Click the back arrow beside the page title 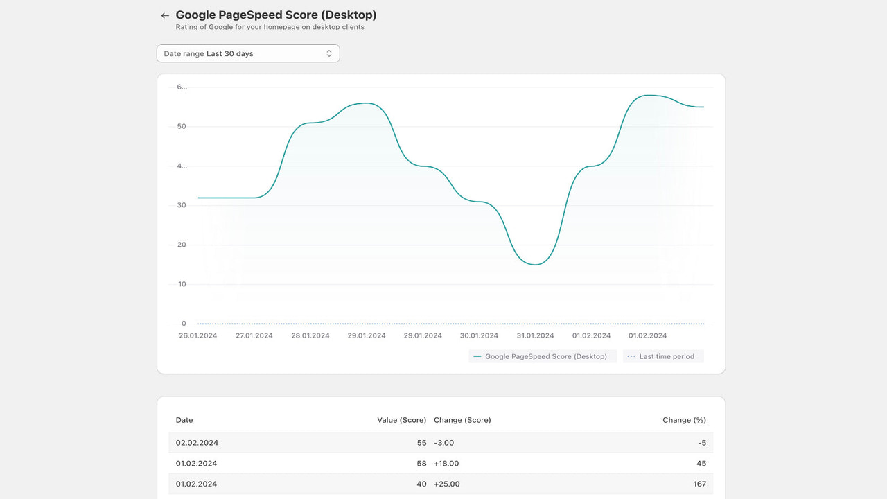(x=165, y=15)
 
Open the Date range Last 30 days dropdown (x=248, y=53)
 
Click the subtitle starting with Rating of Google (x=270, y=28)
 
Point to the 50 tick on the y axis (x=182, y=127)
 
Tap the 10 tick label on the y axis (x=182, y=284)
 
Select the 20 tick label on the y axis (x=182, y=245)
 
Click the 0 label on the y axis (x=184, y=324)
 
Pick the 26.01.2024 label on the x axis (x=197, y=335)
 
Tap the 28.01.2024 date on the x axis (x=310, y=335)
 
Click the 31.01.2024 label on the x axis (x=535, y=335)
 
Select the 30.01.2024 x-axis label (x=479, y=335)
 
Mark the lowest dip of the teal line (x=535, y=265)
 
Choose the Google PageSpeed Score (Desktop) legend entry (x=542, y=356)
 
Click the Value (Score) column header (x=402, y=420)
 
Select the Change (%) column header (x=684, y=420)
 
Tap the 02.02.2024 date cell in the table (x=197, y=442)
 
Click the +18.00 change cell (x=446, y=463)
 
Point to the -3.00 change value (x=443, y=442)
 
